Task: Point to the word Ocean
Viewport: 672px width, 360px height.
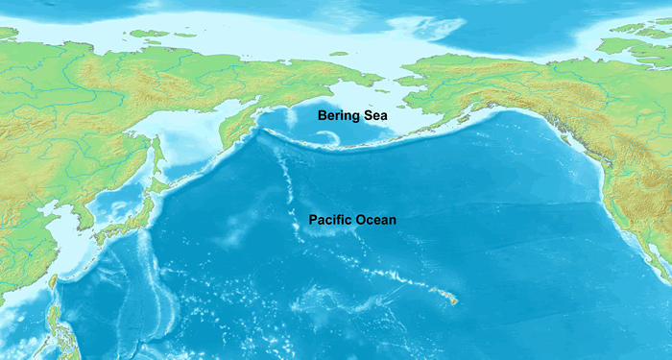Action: point(375,220)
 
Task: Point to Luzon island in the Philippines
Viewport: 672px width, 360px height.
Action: point(63,331)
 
